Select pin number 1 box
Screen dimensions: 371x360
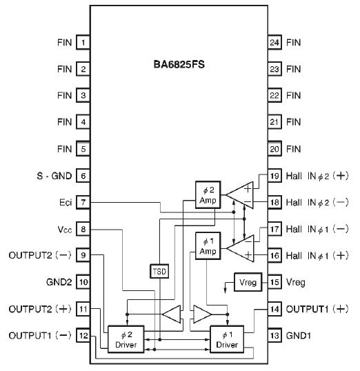tap(83, 43)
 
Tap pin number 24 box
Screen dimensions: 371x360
tap(274, 43)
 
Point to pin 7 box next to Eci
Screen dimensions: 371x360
tap(83, 203)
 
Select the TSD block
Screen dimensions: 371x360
tap(159, 270)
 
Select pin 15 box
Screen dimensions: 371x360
tap(274, 283)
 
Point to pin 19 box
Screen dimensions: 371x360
tap(274, 176)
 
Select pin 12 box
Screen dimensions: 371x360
tap(83, 336)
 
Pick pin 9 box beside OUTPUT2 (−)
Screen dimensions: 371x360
tap(83, 256)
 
